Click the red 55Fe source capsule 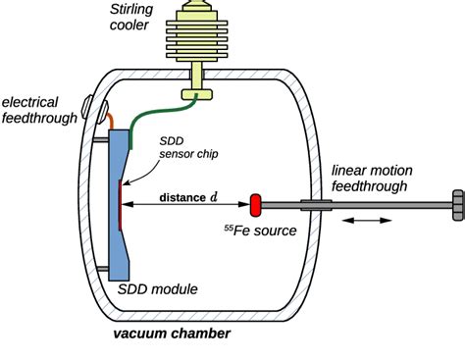tap(255, 205)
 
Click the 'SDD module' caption tap(158, 289)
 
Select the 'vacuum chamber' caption tap(172, 334)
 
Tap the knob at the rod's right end tap(456, 205)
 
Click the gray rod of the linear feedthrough tap(383, 205)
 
